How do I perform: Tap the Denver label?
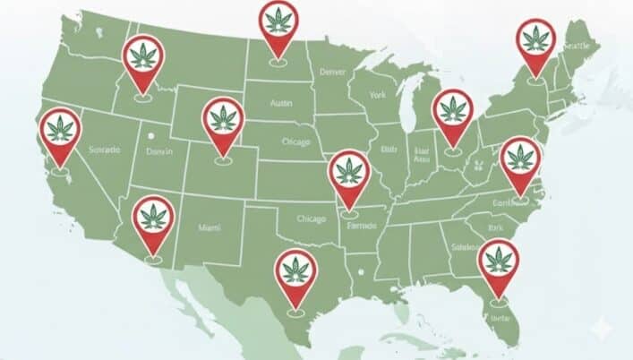click(x=331, y=70)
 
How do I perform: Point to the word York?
click(x=377, y=93)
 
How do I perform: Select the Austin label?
click(x=282, y=103)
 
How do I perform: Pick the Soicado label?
click(x=105, y=150)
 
